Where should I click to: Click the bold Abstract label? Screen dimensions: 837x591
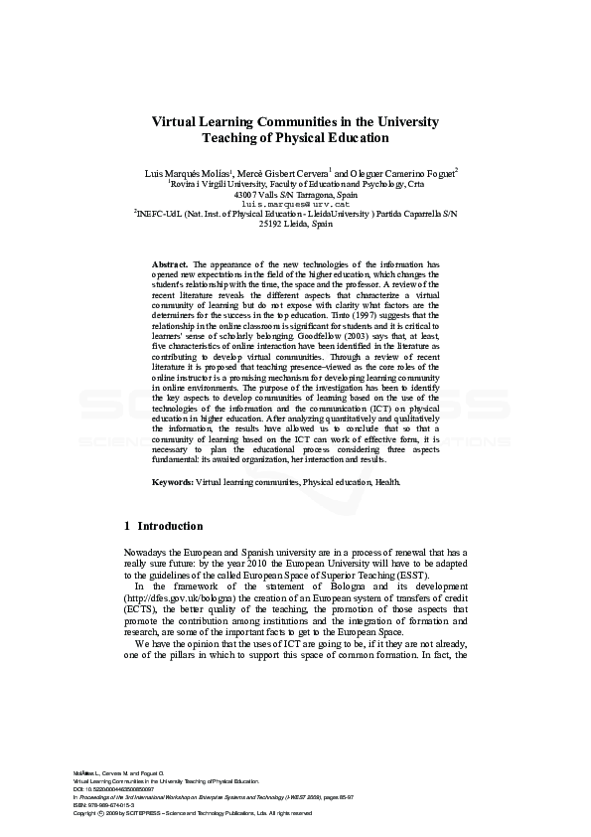[170, 263]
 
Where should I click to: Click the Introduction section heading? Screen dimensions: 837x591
[169, 526]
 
